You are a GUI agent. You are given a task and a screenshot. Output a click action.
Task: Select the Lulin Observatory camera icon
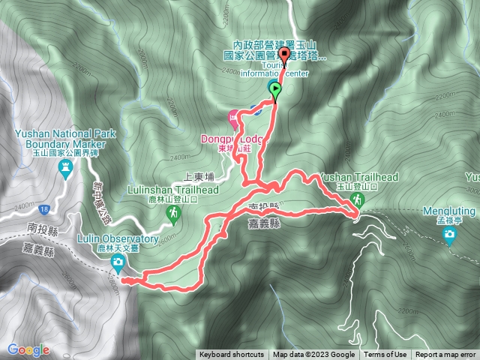pyautogui.click(x=118, y=262)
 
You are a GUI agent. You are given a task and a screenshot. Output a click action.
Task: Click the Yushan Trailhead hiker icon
pyautogui.click(x=359, y=199)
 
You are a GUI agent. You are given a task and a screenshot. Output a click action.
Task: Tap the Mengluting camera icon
pyautogui.click(x=449, y=236)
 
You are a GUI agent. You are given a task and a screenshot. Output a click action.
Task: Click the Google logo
pyautogui.click(x=28, y=349)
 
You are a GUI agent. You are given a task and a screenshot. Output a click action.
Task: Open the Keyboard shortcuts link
pyautogui.click(x=232, y=355)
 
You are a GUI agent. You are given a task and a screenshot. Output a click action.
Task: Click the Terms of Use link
pyautogui.click(x=385, y=355)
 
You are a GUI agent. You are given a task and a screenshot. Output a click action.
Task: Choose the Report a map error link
pyautogui.click(x=445, y=355)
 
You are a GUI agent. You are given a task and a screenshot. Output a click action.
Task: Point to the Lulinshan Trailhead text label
pyautogui.click(x=173, y=190)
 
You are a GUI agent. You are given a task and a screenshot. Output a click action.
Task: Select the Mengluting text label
pyautogui.click(x=449, y=211)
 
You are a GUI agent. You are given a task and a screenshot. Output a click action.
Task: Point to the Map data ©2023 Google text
pyautogui.click(x=313, y=355)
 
